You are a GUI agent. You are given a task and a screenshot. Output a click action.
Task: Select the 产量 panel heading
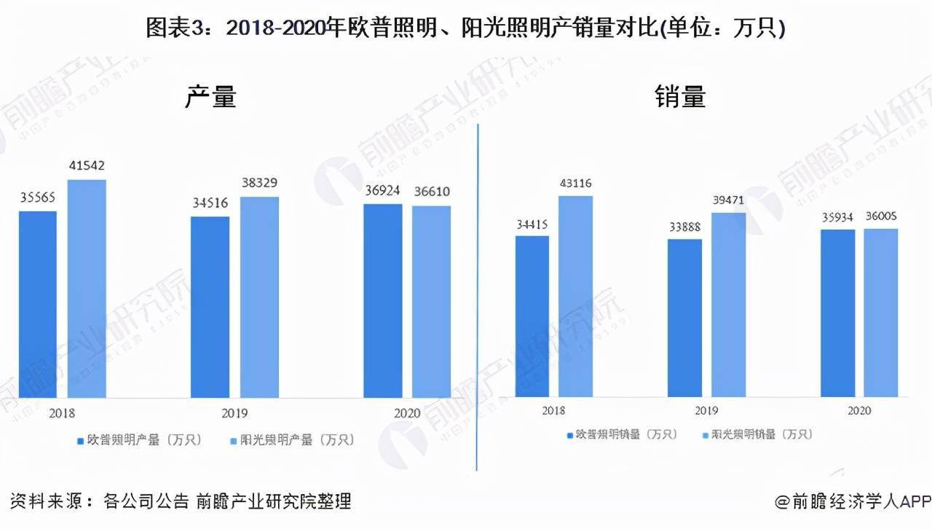point(210,97)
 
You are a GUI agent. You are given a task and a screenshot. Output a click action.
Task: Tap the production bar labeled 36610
point(431,302)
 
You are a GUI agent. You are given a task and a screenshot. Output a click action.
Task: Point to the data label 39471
point(729,200)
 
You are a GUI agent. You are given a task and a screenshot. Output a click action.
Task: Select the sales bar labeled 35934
point(837,313)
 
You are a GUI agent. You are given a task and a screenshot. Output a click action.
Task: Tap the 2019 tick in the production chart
point(234,413)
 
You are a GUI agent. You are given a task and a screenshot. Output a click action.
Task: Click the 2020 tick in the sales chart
point(858,411)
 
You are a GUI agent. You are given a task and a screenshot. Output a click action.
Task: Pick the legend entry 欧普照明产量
point(138,440)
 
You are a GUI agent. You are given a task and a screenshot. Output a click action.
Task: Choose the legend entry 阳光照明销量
point(757,435)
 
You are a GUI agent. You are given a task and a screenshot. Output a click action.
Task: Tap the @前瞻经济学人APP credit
point(853,501)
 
